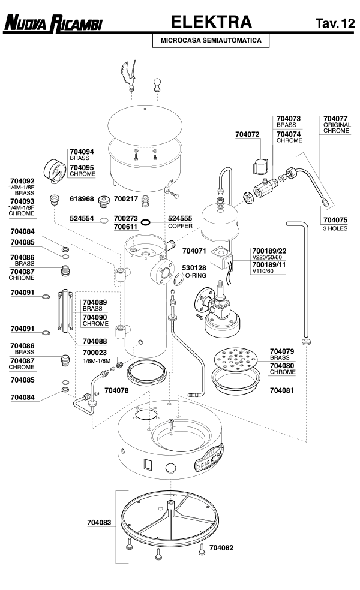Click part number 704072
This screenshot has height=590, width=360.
[247, 144]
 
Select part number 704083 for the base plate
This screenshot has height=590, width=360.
[98, 523]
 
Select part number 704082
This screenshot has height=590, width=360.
[222, 547]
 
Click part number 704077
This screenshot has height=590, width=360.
[335, 119]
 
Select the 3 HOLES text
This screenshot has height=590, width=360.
[335, 228]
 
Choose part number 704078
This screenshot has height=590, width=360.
[117, 390]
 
